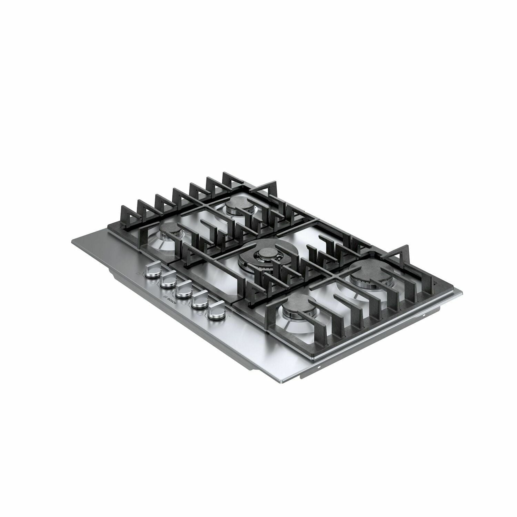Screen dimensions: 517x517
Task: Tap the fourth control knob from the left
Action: click(198, 303)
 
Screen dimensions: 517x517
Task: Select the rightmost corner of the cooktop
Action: click(462, 291)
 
